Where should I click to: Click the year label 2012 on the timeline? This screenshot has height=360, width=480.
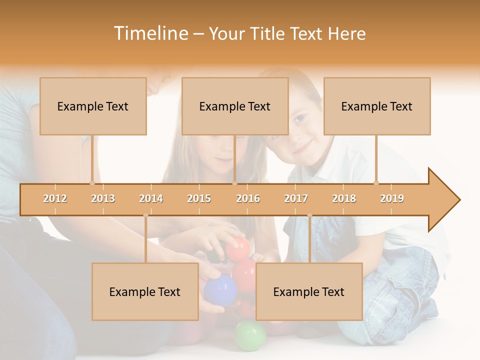pyautogui.click(x=55, y=198)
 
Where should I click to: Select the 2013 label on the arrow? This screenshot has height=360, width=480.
pyautogui.click(x=103, y=198)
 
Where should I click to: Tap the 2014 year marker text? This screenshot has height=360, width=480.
pyautogui.click(x=151, y=198)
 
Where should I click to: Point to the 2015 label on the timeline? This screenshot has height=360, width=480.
pyautogui.click(x=199, y=198)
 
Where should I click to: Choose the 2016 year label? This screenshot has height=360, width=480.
pyautogui.click(x=248, y=198)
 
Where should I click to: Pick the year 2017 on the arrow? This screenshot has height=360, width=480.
pyautogui.click(x=296, y=198)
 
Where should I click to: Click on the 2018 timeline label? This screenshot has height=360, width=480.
pyautogui.click(x=344, y=198)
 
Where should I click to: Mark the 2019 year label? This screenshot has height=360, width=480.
pyautogui.click(x=392, y=198)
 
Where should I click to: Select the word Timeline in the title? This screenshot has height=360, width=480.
pyautogui.click(x=150, y=33)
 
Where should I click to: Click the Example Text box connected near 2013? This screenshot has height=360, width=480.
pyautogui.click(x=93, y=106)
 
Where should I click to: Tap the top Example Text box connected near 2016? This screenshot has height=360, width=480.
pyautogui.click(x=235, y=106)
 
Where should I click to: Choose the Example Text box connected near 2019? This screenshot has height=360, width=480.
pyautogui.click(x=377, y=106)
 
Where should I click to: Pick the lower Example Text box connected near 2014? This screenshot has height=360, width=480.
pyautogui.click(x=145, y=291)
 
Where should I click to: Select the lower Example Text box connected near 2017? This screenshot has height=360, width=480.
pyautogui.click(x=309, y=291)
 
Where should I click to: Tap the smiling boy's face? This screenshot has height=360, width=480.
pyautogui.click(x=302, y=131)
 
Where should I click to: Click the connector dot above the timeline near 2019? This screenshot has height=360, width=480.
pyautogui.click(x=376, y=183)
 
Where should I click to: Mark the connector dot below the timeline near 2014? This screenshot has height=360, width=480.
pyautogui.click(x=145, y=215)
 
